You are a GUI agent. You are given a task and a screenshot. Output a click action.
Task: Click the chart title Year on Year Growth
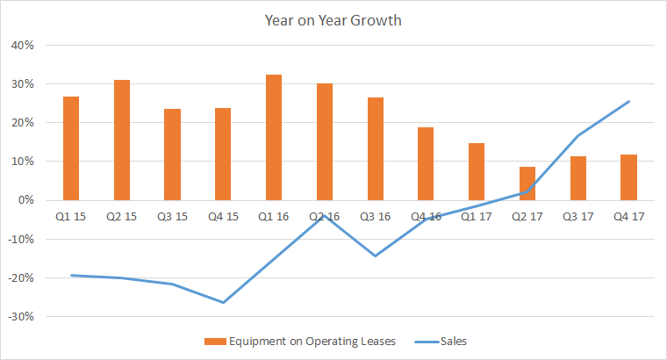333,20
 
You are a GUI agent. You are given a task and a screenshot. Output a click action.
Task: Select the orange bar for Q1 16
274,137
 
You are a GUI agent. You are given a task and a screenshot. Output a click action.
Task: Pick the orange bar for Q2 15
122,140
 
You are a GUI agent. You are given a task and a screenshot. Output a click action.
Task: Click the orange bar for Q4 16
426,163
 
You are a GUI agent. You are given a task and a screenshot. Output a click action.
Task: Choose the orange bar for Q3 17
577,178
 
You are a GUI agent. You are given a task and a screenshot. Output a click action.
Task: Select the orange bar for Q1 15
71,148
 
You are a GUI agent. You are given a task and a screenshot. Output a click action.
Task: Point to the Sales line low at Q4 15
223,302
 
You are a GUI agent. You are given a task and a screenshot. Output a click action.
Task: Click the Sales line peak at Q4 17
628,101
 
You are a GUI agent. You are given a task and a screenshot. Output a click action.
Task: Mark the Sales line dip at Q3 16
376,256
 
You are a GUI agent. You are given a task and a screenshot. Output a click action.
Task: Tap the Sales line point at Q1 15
71,275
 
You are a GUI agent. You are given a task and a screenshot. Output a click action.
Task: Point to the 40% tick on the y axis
22,46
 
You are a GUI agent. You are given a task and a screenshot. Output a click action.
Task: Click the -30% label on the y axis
20,316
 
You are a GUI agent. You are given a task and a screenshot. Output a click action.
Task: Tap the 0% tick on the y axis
25,200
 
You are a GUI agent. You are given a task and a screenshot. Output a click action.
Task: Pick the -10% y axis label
20,239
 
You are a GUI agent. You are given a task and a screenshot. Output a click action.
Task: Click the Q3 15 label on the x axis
172,215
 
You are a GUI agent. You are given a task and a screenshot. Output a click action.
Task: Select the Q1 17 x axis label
477,215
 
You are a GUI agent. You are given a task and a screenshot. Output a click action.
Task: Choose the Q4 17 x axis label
628,215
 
